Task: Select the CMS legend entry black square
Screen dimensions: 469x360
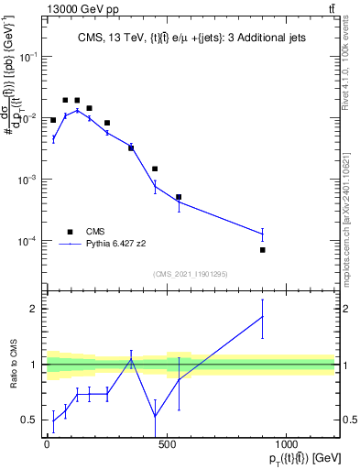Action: click(x=70, y=232)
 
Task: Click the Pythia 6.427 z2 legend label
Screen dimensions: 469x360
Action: click(x=118, y=245)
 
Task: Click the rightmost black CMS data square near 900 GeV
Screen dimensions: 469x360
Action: click(x=262, y=249)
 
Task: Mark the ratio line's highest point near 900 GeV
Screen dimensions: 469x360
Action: click(x=262, y=316)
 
